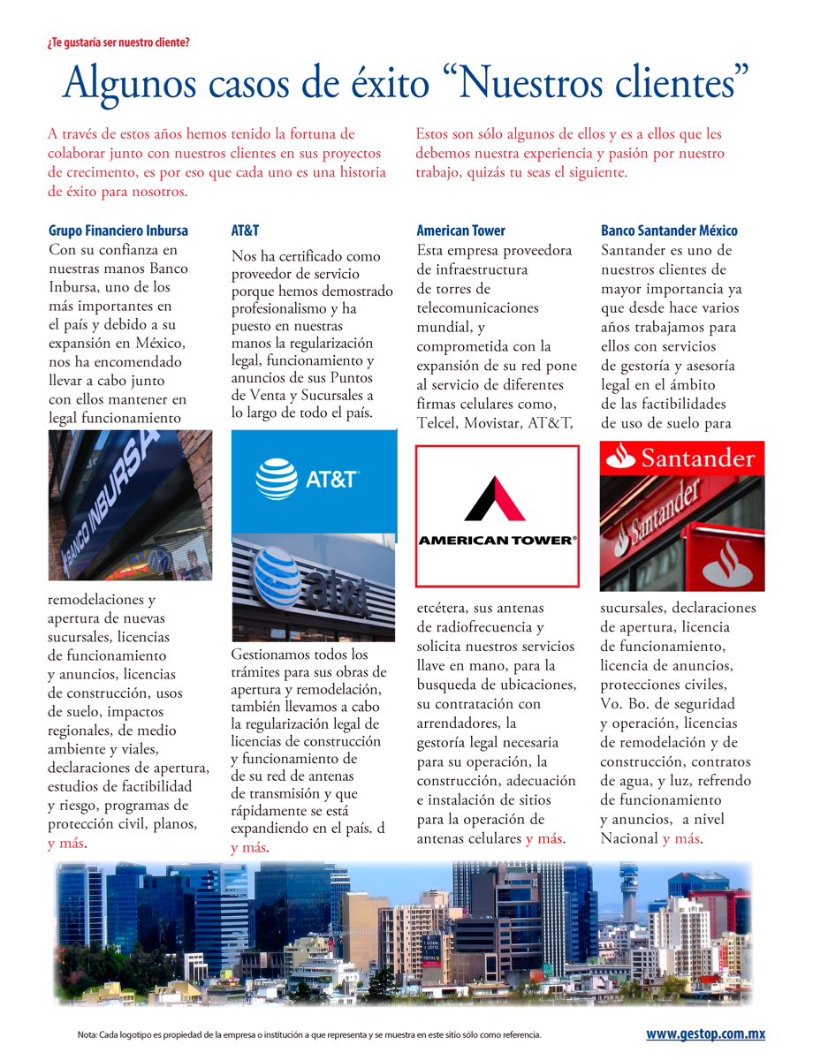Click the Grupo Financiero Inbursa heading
click(118, 231)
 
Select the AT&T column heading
click(245, 231)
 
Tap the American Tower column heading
click(460, 231)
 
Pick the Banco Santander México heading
click(669, 231)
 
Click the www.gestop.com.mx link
click(705, 1034)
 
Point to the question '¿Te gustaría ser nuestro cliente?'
click(118, 42)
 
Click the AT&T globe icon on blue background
click(277, 480)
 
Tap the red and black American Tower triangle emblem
click(497, 498)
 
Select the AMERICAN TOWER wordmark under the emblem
click(497, 540)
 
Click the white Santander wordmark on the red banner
click(697, 458)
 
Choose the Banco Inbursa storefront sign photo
click(130, 504)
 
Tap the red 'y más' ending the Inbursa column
click(66, 844)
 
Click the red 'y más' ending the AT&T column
click(249, 848)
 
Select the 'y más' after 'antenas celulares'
click(544, 838)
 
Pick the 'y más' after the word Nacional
click(681, 838)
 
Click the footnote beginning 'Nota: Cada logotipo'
click(308, 1034)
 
